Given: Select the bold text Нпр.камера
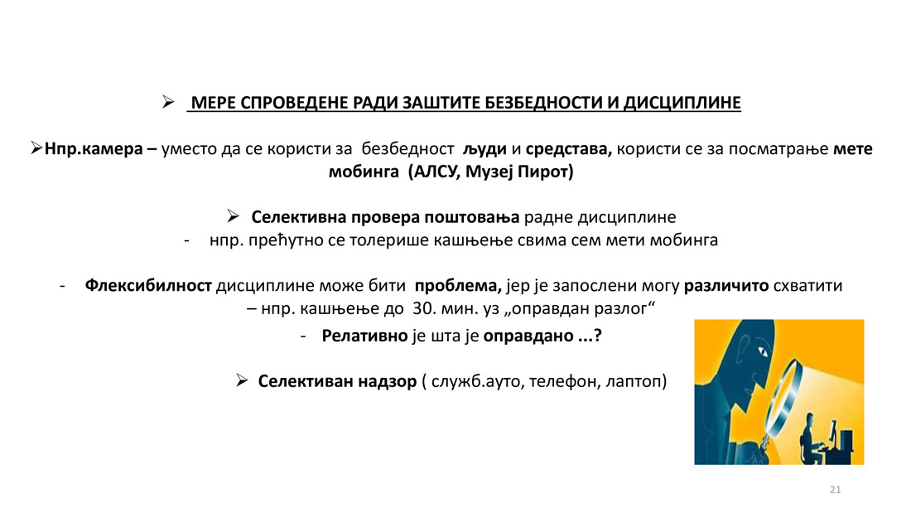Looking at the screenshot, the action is (94, 149).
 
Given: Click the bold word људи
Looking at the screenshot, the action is (484, 149).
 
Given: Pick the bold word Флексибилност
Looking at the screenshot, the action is (148, 286).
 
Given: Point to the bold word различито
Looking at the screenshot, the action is (726, 286).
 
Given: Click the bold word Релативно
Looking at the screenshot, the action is (365, 336).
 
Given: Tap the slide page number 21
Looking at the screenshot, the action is (835, 490).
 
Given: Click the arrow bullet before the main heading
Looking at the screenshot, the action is (168, 103).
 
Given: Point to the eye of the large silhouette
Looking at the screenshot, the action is (762, 352).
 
